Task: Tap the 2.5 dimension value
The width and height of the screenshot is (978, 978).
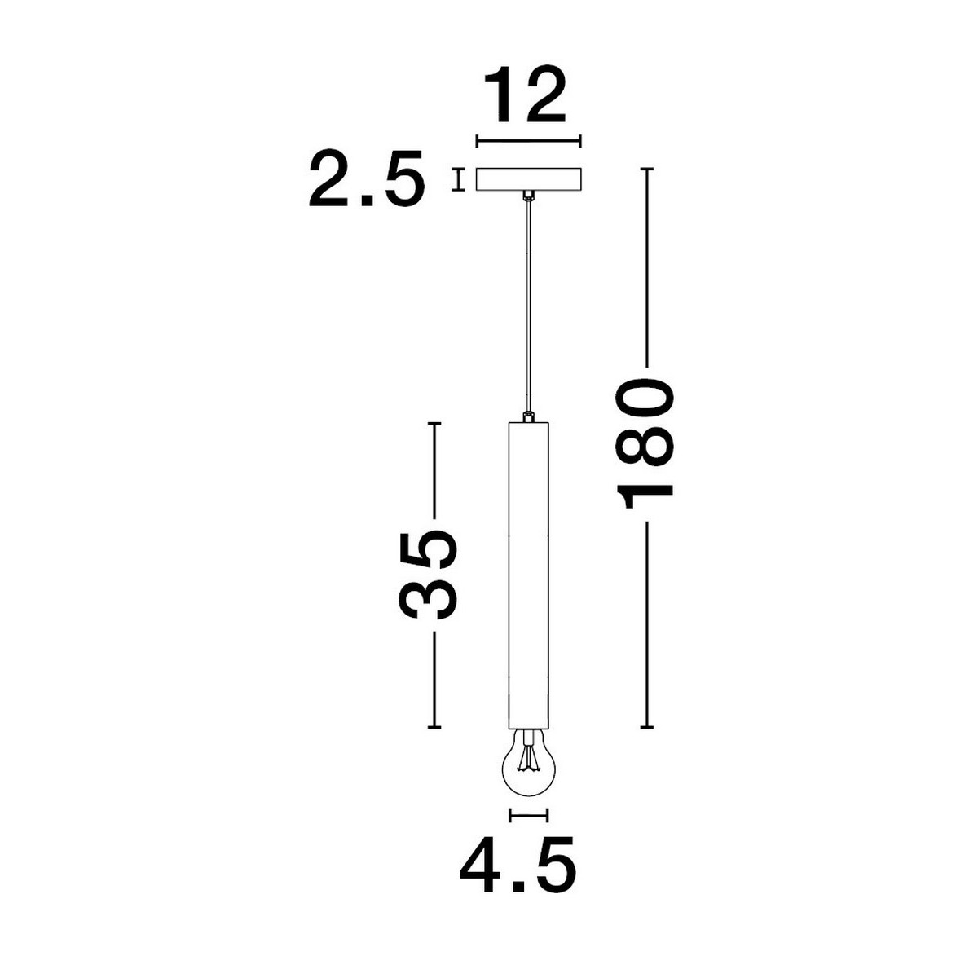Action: (x=367, y=178)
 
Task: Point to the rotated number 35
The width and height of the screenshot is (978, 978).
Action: (x=430, y=575)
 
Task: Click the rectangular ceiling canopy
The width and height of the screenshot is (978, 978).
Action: (x=528, y=179)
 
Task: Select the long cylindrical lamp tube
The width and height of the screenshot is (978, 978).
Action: (x=528, y=575)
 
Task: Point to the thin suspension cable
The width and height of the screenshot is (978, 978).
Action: (x=528, y=306)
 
